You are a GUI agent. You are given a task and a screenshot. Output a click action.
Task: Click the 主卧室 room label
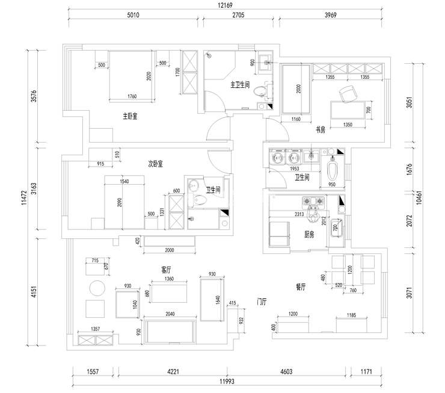tap(130, 116)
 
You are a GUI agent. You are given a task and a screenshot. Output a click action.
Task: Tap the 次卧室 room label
tap(156, 163)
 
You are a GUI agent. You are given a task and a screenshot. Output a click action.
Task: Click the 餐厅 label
tap(301, 287)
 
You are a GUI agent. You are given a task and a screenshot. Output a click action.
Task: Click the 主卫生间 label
tap(240, 85)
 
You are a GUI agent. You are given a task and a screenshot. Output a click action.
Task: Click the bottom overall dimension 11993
tap(226, 381)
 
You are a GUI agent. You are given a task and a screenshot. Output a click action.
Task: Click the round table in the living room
tap(96, 288)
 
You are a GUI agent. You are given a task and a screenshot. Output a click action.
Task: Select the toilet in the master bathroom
tap(259, 91)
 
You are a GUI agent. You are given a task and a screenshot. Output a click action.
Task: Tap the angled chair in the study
tap(348, 94)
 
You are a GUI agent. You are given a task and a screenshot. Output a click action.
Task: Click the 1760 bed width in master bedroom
tap(132, 96)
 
